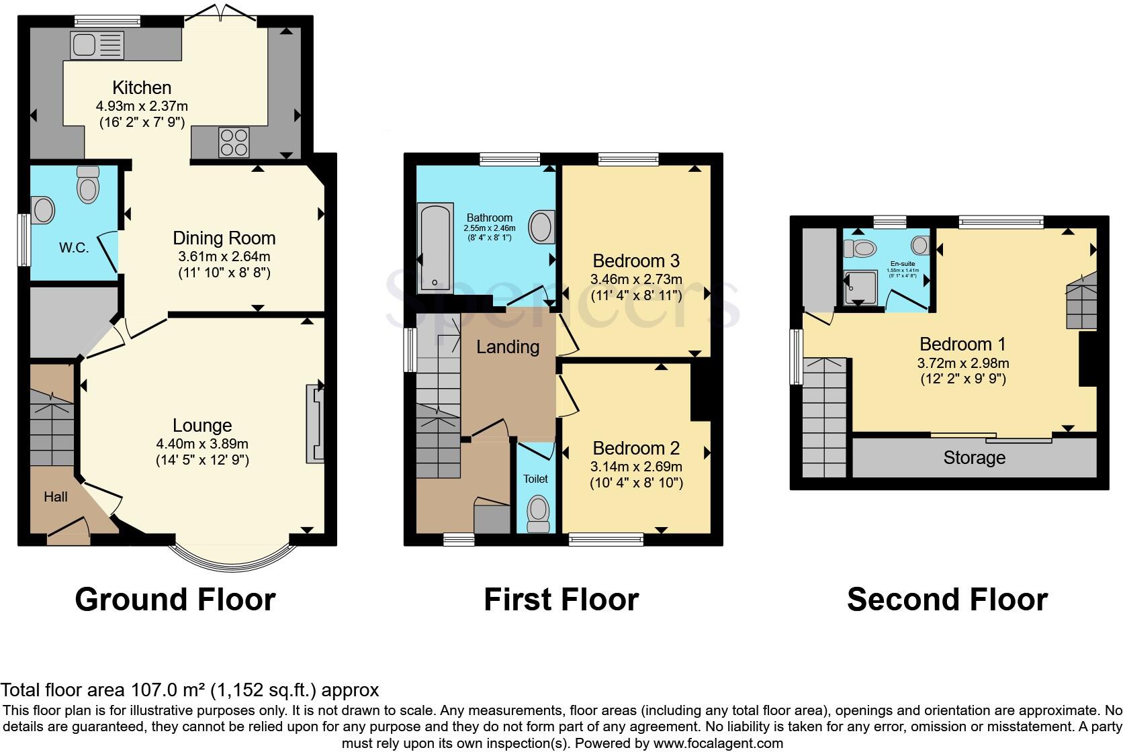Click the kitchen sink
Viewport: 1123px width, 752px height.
pos(97,46)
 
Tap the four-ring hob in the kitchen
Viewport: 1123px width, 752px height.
pos(233,142)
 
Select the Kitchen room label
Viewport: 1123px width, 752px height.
pos(142,87)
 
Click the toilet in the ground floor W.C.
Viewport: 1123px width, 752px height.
pos(88,185)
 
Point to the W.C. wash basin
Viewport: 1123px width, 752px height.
pos(42,210)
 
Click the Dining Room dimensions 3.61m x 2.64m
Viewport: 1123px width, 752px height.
pos(224,256)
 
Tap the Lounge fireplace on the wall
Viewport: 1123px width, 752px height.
pos(315,423)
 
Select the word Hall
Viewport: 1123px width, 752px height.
pos(56,497)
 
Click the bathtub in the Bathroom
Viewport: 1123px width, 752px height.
pos(435,248)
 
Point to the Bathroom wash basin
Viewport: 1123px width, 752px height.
pos(541,227)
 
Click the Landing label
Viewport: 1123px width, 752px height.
pos(508,347)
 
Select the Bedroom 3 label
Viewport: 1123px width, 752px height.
pos(636,261)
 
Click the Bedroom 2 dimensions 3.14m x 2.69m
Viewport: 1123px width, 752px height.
pos(636,467)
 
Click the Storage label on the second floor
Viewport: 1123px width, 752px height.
pos(974,458)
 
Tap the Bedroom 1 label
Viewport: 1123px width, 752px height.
pos(962,344)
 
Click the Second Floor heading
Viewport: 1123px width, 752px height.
pos(947,599)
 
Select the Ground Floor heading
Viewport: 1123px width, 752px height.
pos(175,599)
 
